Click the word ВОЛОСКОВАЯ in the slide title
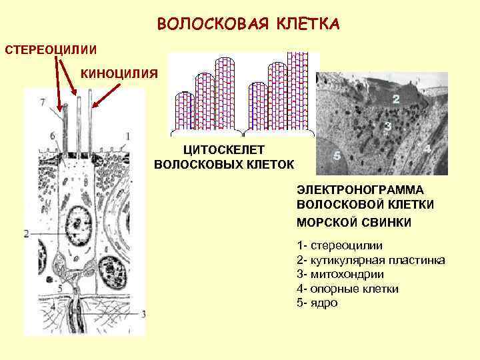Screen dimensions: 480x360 [211, 24]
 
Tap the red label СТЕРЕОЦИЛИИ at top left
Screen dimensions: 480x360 [51, 51]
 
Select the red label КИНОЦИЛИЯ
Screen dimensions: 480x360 [119, 73]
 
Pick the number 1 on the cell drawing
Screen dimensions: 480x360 [127, 136]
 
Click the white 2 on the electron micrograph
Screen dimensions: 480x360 [395, 100]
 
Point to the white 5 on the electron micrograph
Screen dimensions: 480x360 [337, 155]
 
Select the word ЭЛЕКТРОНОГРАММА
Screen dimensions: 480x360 [361, 190]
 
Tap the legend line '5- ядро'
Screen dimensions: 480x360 [317, 303]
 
